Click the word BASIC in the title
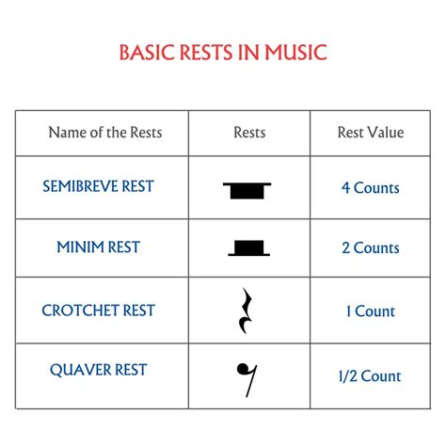145,52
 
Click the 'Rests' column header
249,133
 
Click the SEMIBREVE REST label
98,186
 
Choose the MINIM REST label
98,247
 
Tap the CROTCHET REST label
98,311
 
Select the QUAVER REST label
98,370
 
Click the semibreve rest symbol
247,191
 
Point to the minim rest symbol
247,248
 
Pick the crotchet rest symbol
247,311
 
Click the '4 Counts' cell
370,188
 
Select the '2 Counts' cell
370,248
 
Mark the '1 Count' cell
370,311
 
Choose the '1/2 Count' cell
370,376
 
